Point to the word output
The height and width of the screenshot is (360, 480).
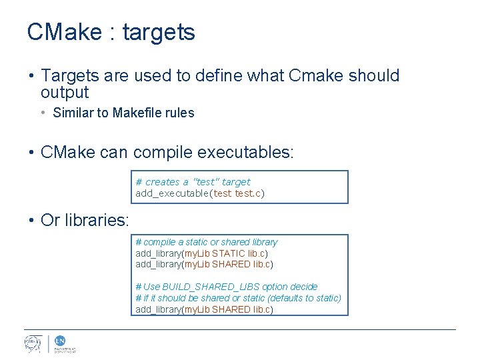[x=65, y=93]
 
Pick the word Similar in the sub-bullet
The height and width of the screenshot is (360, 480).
[x=73, y=113]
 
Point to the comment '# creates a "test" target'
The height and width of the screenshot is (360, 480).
[x=193, y=182]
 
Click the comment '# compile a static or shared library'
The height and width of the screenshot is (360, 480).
[x=206, y=242]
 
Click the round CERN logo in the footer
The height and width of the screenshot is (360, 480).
[x=33, y=344]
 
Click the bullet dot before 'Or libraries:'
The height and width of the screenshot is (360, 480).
[x=31, y=221]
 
